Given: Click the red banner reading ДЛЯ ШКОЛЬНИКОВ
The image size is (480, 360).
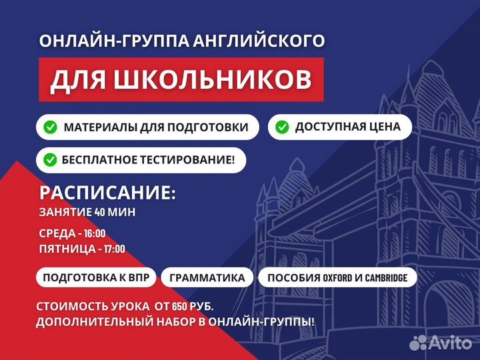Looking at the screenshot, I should click(181, 79).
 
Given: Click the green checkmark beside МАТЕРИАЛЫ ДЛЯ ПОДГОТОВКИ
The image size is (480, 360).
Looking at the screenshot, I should click(50, 127).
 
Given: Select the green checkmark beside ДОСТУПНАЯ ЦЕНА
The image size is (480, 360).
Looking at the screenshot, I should click(282, 127).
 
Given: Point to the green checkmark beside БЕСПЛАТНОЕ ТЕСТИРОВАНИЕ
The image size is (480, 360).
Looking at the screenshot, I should click(50, 160).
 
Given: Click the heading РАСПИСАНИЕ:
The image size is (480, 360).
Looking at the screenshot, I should click(107, 193).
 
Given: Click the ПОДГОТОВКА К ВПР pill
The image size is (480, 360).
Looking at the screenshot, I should click(99, 277).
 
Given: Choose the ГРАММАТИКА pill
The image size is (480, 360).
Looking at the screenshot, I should click(207, 277).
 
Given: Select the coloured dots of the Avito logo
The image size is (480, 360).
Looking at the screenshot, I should click(418, 342).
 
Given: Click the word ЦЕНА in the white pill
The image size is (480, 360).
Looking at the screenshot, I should click(384, 127).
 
